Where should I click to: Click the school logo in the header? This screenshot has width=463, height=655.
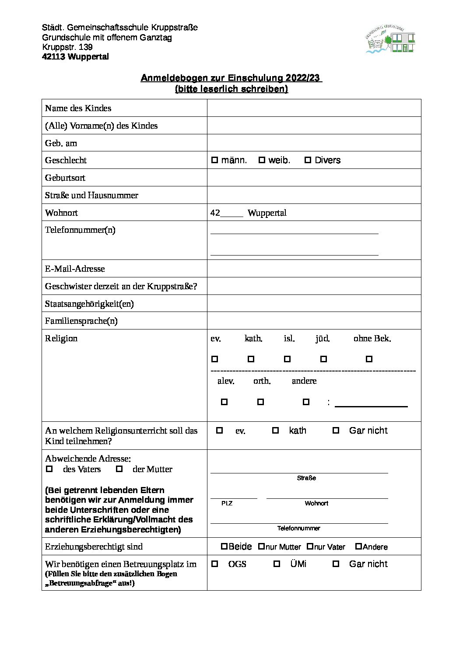390,40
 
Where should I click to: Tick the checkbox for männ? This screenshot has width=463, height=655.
214,160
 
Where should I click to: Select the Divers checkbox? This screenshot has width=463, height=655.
308,160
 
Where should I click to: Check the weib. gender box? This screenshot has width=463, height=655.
262,160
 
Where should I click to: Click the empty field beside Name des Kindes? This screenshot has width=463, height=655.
314,108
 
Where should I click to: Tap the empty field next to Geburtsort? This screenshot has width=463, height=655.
314,178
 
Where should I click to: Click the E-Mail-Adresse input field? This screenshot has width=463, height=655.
314,269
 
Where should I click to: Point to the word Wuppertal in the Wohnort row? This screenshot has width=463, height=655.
267,213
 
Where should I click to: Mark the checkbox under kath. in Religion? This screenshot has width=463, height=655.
251,359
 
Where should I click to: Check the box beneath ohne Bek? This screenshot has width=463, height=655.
369,359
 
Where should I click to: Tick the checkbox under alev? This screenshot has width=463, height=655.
224,402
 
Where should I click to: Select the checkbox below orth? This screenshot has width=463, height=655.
260,402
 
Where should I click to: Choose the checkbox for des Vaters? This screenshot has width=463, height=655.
49,469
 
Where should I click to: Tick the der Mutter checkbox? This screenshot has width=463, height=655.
119,469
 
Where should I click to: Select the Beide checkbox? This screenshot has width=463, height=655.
224,546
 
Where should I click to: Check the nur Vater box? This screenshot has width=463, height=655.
310,546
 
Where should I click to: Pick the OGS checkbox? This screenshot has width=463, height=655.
214,564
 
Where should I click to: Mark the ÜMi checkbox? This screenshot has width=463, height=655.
277,564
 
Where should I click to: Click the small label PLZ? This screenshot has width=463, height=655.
227,504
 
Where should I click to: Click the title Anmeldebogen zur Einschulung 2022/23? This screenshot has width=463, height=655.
231,78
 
